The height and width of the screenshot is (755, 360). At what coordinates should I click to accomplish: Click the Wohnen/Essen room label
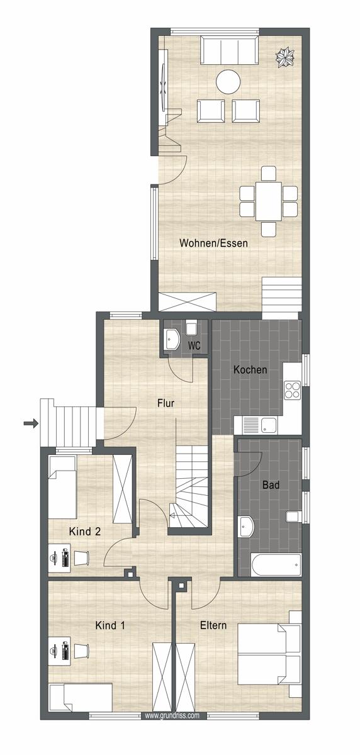pyautogui.click(x=213, y=243)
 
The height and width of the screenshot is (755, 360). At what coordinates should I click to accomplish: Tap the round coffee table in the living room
pyautogui.click(x=228, y=82)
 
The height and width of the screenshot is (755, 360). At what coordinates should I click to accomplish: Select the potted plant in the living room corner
pyautogui.click(x=285, y=58)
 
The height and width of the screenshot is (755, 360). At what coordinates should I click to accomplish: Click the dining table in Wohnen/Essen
pyautogui.click(x=268, y=201)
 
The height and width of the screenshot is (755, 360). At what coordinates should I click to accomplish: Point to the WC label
pyautogui.click(x=194, y=345)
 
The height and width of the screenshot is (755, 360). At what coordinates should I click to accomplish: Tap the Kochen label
pyautogui.click(x=250, y=370)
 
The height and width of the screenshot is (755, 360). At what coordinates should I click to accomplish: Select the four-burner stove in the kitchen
pyautogui.click(x=292, y=390)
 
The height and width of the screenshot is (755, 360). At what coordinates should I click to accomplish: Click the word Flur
pyautogui.click(x=166, y=403)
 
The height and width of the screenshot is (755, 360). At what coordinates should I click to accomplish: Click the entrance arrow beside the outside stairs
pyautogui.click(x=31, y=423)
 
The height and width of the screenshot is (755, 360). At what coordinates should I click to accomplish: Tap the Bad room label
pyautogui.click(x=271, y=485)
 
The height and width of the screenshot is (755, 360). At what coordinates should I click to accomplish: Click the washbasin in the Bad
pyautogui.click(x=247, y=526)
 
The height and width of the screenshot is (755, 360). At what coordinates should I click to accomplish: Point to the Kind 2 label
pyautogui.click(x=84, y=532)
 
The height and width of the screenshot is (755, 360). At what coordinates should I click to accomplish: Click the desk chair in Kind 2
pyautogui.click(x=81, y=557)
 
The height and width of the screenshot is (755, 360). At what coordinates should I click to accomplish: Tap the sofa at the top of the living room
pyautogui.click(x=230, y=50)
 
